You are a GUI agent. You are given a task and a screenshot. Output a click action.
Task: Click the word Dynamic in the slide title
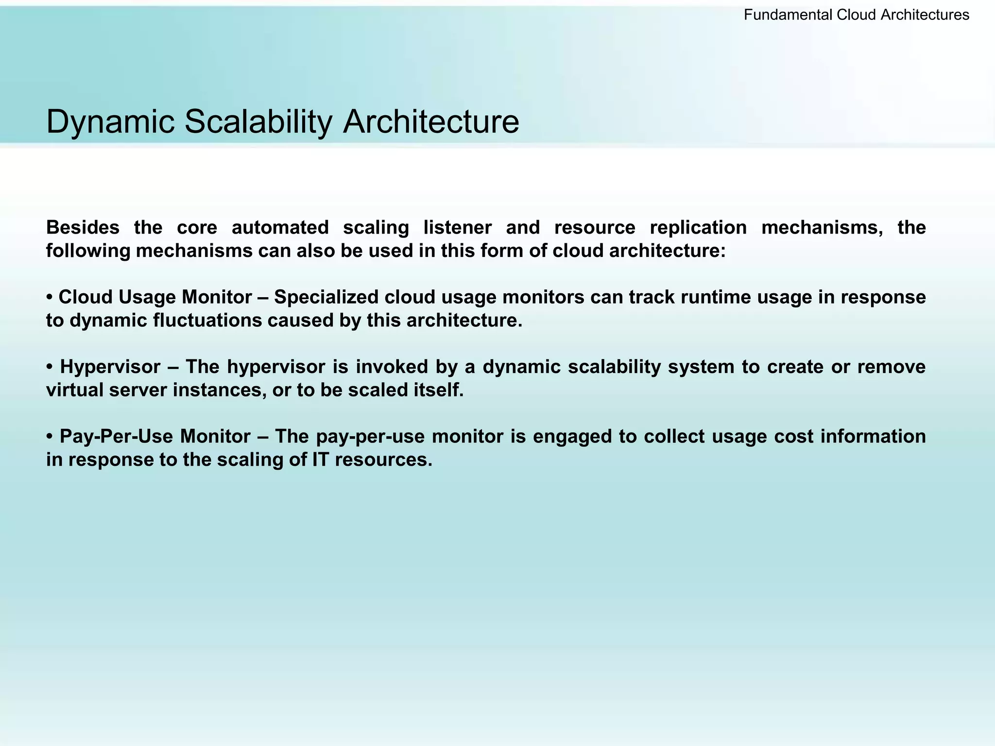click(x=110, y=122)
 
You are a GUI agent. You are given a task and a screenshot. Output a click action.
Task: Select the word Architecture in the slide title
click(x=431, y=121)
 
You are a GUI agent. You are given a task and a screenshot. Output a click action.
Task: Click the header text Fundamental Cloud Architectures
click(x=856, y=15)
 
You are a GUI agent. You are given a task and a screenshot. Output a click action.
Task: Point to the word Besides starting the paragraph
click(x=83, y=227)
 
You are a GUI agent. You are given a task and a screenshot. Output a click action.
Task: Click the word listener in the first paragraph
click(x=457, y=227)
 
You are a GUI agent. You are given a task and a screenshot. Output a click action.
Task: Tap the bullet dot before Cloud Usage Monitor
click(x=50, y=297)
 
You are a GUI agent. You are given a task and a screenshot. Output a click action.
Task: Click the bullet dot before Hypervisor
click(x=50, y=367)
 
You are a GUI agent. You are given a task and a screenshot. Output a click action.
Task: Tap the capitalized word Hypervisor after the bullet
click(x=110, y=367)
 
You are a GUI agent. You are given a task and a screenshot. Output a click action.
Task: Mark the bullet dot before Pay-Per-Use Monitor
click(x=50, y=437)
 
